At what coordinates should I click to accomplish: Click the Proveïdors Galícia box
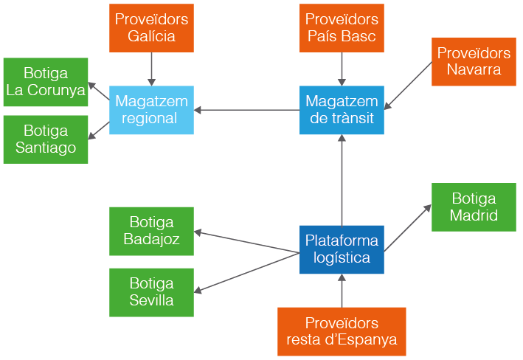pyautogui.click(x=151, y=28)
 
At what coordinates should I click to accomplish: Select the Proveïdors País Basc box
pyautogui.click(x=342, y=28)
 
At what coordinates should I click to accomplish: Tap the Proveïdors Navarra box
pyautogui.click(x=474, y=62)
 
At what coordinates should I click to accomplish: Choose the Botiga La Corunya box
pyautogui.click(x=46, y=82)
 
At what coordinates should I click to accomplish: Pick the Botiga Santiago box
pyautogui.click(x=46, y=139)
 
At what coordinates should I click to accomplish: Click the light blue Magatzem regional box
pyautogui.click(x=151, y=110)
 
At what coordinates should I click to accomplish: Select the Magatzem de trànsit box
pyautogui.click(x=342, y=110)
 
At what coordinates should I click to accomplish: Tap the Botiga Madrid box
pyautogui.click(x=474, y=207)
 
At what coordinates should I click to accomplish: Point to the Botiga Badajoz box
pyautogui.click(x=151, y=231)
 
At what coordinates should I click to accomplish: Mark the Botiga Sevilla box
pyautogui.click(x=151, y=292)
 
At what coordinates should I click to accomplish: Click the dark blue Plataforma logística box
pyautogui.click(x=342, y=249)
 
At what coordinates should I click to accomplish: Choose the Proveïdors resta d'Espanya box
pyautogui.click(x=342, y=332)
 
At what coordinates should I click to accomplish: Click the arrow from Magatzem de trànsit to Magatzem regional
pyautogui.click(x=247, y=111)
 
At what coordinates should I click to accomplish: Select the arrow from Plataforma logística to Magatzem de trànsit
pyautogui.click(x=342, y=181)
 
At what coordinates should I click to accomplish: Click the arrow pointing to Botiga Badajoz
pyautogui.click(x=247, y=243)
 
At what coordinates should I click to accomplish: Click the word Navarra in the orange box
pyautogui.click(x=474, y=70)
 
